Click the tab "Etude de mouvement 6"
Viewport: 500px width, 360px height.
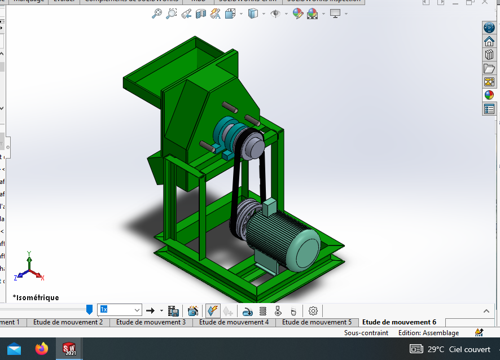tap(399, 322)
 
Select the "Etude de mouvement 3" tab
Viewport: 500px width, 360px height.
tap(151, 322)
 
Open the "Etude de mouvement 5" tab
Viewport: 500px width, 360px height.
tap(317, 322)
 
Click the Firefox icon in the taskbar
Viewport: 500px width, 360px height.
tap(41, 349)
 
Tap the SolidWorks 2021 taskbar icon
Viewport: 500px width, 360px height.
tap(69, 349)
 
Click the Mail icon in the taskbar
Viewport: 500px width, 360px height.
tap(14, 349)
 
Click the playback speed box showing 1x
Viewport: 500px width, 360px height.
tap(119, 310)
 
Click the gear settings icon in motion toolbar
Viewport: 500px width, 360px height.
tap(313, 310)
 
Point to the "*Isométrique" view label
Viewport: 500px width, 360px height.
tap(36, 297)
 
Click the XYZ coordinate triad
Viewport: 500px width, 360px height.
tap(30, 269)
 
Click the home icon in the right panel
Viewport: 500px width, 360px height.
tap(489, 41)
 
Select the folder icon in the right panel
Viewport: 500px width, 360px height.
tap(489, 68)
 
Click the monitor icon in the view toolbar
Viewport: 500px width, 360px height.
tap(336, 14)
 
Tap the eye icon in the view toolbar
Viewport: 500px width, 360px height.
tap(275, 14)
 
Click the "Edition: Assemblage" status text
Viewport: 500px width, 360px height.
tap(428, 333)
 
